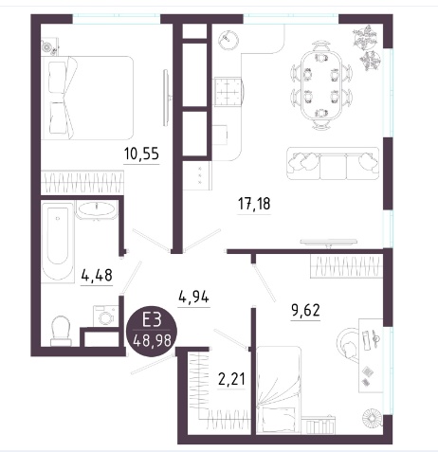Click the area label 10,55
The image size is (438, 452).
141,154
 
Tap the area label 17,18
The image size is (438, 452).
254,203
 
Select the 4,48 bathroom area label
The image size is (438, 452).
97,275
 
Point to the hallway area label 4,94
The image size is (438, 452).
193,297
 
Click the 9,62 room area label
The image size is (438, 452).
305,310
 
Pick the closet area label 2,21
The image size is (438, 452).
231,378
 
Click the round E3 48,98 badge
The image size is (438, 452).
152,333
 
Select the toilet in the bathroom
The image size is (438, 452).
61,331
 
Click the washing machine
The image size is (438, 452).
105,316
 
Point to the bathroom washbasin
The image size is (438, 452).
97,209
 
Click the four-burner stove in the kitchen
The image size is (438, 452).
228,92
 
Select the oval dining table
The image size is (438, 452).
321,86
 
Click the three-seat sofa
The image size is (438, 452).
333,163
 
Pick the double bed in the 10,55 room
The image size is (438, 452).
87,98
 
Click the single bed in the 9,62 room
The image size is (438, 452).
279,389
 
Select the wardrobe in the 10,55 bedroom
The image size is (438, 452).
82,182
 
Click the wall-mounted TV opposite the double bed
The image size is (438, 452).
167,99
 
